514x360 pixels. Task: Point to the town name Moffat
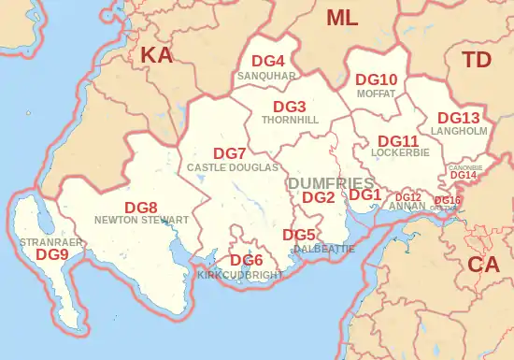(x=377, y=94)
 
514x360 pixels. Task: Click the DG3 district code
(x=290, y=107)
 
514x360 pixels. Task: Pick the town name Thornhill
(x=291, y=121)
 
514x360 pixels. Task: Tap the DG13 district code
(x=459, y=118)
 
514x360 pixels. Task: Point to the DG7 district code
(x=230, y=153)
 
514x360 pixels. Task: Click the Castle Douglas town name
(x=233, y=167)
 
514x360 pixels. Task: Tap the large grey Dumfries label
(x=331, y=181)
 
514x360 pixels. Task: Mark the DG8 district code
(x=141, y=207)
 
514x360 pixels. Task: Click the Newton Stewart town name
(x=142, y=220)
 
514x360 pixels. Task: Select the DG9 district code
(x=52, y=253)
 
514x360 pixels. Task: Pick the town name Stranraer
(x=46, y=241)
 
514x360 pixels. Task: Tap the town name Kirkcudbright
(x=239, y=276)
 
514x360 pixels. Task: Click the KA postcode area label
(x=156, y=56)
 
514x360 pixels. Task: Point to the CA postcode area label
(x=483, y=265)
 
